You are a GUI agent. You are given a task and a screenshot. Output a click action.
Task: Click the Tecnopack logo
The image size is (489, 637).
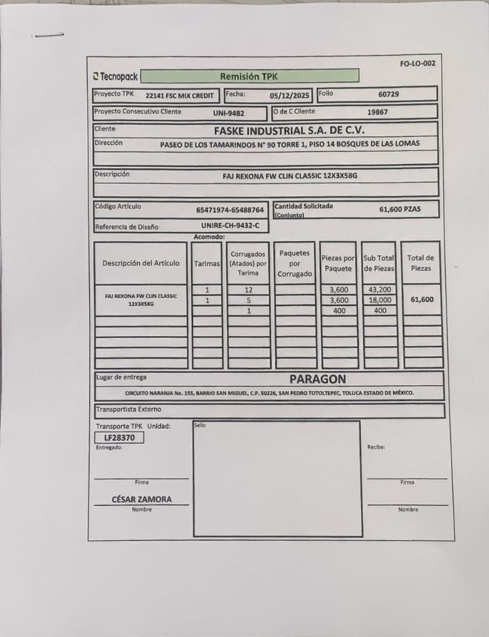(116, 77)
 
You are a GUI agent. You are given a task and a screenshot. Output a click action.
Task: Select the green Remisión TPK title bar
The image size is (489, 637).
(250, 76)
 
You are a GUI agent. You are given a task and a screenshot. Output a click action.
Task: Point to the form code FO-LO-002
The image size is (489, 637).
(418, 63)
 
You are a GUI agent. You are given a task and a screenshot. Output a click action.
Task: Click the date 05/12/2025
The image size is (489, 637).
(290, 95)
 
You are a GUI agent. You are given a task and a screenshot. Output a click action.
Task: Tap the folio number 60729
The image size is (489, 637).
(389, 94)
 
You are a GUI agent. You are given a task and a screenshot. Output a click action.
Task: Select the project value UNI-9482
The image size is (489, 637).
(228, 113)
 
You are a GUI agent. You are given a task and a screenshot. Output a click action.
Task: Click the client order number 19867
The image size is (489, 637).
(378, 112)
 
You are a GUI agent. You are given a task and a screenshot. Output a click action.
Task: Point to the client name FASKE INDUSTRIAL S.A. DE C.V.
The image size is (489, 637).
(289, 130)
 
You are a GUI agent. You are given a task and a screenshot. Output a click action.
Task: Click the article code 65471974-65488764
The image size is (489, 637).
(230, 209)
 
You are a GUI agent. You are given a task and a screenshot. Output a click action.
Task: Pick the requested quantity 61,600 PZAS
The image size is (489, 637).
(400, 209)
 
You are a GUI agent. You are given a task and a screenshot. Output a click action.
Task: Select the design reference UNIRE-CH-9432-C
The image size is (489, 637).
(230, 225)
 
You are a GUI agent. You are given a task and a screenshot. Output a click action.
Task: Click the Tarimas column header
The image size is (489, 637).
(207, 264)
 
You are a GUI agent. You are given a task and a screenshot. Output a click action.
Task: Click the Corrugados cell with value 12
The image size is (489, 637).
(249, 290)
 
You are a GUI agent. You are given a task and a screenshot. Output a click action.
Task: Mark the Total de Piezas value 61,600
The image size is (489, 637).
(422, 300)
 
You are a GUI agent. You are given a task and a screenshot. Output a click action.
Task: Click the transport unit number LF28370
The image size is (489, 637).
(120, 438)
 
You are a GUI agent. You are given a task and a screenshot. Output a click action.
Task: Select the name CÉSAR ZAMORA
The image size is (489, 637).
(142, 499)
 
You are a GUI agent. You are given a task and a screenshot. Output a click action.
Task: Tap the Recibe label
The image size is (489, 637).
(376, 447)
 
